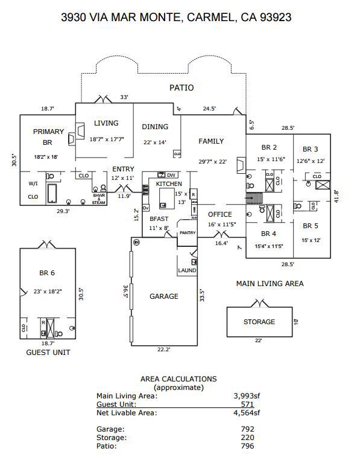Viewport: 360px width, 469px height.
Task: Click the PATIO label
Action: [182, 88]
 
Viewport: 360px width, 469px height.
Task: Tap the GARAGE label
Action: [164, 296]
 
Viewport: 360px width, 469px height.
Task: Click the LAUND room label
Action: [187, 270]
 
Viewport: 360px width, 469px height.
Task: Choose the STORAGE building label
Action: [259, 322]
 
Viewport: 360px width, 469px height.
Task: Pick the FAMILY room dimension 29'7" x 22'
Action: [211, 161]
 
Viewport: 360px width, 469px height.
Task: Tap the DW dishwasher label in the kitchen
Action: [171, 175]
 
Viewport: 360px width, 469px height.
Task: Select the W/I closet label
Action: [33, 183]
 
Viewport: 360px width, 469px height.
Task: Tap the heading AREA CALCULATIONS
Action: [178, 379]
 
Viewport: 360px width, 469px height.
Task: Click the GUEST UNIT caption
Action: [48, 352]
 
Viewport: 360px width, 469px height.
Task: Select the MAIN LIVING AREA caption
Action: [270, 284]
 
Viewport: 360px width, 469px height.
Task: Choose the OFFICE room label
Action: [219, 214]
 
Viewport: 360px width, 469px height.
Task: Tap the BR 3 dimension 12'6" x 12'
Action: [310, 161]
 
